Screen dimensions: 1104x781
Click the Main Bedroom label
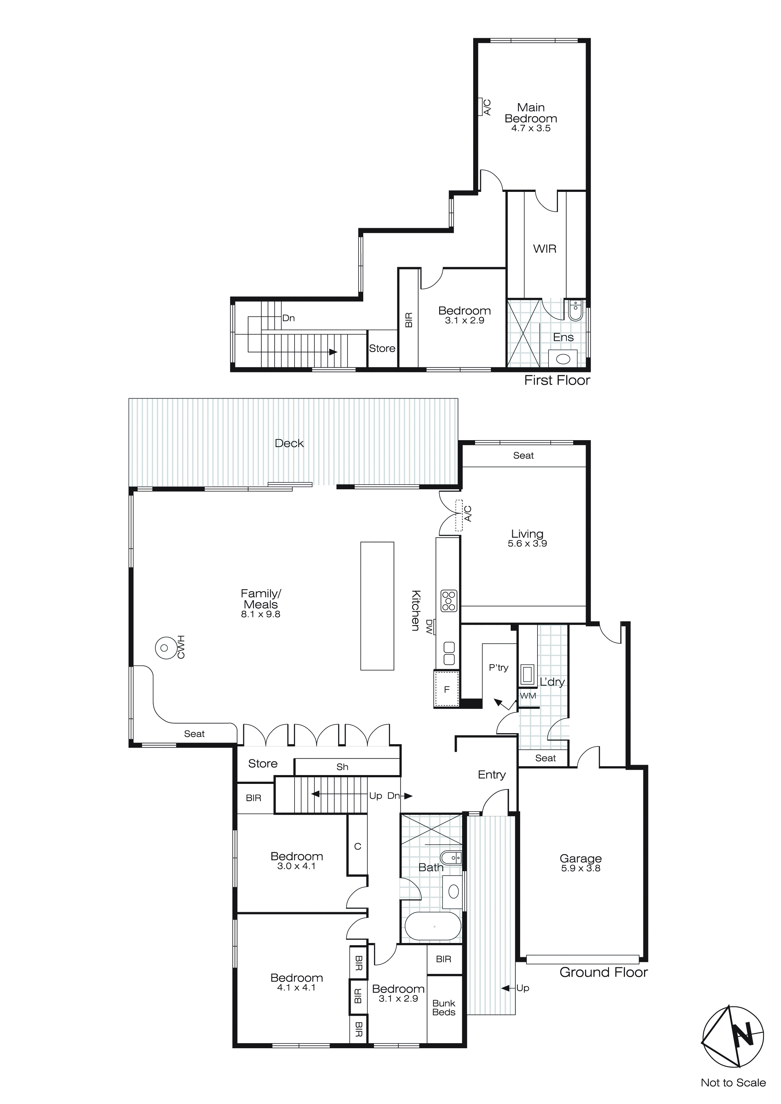click(x=531, y=113)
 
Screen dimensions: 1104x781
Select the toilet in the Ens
click(x=575, y=311)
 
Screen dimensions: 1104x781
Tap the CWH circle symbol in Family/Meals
click(x=164, y=648)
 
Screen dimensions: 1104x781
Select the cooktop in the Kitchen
click(x=449, y=601)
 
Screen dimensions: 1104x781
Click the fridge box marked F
click(x=447, y=689)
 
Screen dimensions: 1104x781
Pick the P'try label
click(x=498, y=667)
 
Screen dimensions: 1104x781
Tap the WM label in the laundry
click(x=528, y=695)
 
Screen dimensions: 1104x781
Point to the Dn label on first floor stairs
click(x=289, y=318)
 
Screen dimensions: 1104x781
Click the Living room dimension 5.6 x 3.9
click(x=527, y=543)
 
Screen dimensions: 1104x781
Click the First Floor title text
click(x=557, y=380)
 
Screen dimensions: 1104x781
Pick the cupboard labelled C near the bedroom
click(x=357, y=846)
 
